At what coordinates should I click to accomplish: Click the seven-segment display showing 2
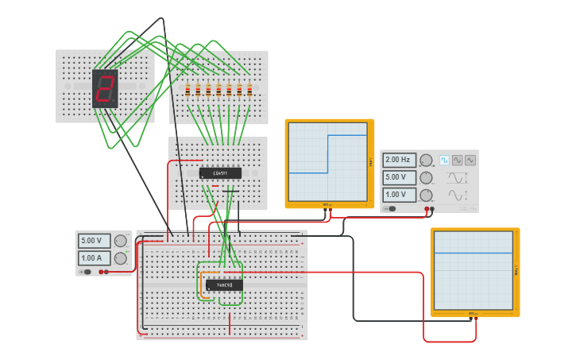[105, 88]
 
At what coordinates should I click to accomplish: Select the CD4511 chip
[220, 172]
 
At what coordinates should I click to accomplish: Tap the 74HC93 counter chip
[224, 285]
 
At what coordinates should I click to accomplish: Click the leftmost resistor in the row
[188, 90]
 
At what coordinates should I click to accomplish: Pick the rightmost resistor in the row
[249, 90]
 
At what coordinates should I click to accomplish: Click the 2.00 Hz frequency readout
[400, 160]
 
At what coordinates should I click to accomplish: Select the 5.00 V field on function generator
[400, 177]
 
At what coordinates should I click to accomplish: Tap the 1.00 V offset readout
[400, 195]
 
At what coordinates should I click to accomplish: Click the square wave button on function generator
[444, 160]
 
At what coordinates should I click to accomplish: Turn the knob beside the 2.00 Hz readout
[427, 161]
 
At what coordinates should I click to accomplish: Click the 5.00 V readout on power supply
[94, 240]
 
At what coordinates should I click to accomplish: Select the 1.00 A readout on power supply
[94, 257]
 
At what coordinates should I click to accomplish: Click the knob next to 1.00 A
[120, 258]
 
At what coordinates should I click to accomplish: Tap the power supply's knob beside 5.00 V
[120, 241]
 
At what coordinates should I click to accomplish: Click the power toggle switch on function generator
[390, 209]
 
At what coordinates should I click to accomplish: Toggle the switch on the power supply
[86, 272]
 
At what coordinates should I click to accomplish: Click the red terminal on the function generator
[427, 209]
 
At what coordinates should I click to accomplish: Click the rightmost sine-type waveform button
[470, 160]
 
